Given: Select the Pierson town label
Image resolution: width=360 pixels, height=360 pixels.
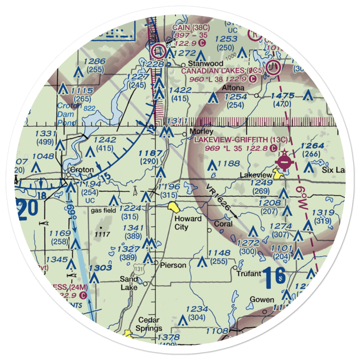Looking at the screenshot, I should pos(174,265).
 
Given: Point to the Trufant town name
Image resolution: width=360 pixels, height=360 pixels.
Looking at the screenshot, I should pos(249,274).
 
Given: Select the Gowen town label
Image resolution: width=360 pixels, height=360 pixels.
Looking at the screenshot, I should pos(262,300).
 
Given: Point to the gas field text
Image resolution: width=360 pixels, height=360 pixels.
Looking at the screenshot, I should pos(104,211).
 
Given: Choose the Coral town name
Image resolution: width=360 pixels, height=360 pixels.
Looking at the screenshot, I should pos(223,224).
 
